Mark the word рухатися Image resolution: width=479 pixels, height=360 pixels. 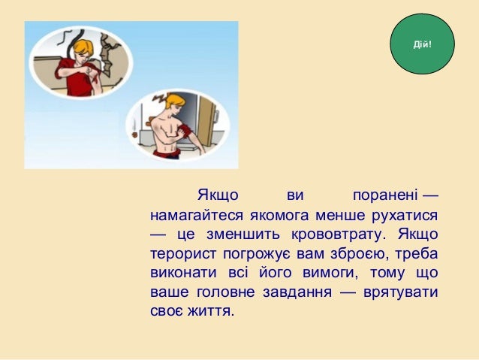pos(405,216)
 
